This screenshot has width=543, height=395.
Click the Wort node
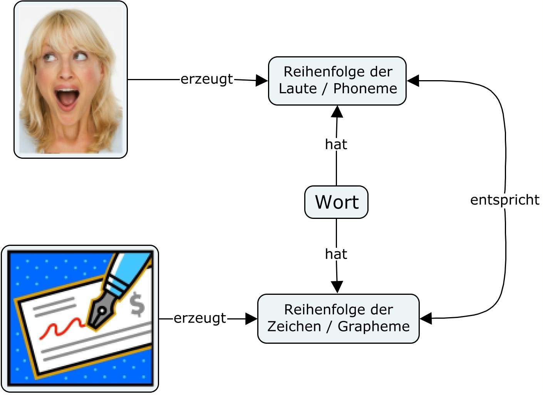tap(336, 202)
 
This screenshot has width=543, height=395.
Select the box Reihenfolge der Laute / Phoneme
tap(337, 81)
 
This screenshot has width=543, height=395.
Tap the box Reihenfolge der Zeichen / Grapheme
tap(338, 318)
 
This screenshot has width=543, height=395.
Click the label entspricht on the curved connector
tap(504, 200)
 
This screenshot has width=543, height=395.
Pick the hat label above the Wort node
tap(336, 145)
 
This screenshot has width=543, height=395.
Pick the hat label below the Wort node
tap(336, 254)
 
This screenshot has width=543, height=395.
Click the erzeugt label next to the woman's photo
tap(207, 79)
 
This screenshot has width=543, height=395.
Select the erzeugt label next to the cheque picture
tap(200, 318)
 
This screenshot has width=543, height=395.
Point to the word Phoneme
tap(365, 89)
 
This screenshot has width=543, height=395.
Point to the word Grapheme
tap(374, 326)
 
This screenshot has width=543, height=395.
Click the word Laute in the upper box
tap(297, 89)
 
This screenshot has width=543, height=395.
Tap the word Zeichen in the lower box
tap(294, 326)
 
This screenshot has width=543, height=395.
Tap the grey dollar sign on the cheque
tap(137, 305)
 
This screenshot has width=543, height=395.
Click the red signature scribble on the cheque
tap(62, 328)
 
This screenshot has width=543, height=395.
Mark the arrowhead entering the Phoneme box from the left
tap(262, 81)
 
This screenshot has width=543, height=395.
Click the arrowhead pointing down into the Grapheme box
tap(337, 287)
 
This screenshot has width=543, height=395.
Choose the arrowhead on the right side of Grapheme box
tap(426, 319)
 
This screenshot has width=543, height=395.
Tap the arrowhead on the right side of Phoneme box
tap(413, 81)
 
